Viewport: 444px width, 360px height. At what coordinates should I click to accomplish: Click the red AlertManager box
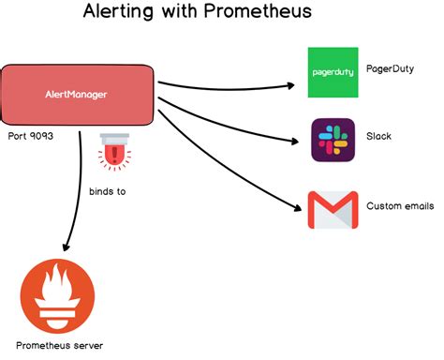click(x=78, y=95)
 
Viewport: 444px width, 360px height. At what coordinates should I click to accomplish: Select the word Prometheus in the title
click(x=260, y=14)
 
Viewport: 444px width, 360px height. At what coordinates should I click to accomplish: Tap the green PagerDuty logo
click(x=333, y=72)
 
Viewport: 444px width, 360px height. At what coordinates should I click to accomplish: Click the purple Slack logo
click(x=333, y=140)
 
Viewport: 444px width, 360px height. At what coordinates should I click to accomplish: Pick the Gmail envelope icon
click(x=333, y=210)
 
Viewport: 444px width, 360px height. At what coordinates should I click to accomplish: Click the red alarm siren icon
click(x=115, y=153)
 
